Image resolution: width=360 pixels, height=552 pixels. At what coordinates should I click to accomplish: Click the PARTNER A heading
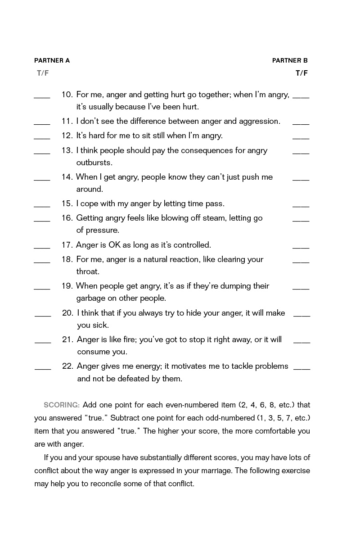(x=52, y=60)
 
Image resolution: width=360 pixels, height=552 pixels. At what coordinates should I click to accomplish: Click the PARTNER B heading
(x=290, y=60)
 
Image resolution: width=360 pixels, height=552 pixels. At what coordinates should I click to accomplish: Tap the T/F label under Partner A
(x=43, y=73)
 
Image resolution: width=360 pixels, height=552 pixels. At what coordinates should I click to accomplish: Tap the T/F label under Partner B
(x=301, y=73)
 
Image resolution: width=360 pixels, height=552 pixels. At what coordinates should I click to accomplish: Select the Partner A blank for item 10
(x=42, y=97)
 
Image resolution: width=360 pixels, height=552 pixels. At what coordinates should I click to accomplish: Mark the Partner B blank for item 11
(x=301, y=123)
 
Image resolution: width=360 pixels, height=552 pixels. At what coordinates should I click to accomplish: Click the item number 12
(x=67, y=136)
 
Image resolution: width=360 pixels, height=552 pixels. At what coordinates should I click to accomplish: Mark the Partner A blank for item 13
(x=42, y=153)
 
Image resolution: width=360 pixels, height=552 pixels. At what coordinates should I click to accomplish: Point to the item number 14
(x=67, y=177)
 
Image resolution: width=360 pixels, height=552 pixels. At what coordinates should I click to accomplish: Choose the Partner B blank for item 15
(x=301, y=206)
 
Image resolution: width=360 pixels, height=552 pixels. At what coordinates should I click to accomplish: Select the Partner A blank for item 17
(x=42, y=247)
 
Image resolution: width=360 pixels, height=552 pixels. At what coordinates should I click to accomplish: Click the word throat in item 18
(x=88, y=271)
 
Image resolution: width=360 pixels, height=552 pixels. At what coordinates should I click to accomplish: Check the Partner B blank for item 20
(x=301, y=315)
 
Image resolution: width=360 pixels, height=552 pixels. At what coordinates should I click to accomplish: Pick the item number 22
(x=67, y=366)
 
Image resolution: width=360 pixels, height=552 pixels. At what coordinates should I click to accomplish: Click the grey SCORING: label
(x=62, y=405)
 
